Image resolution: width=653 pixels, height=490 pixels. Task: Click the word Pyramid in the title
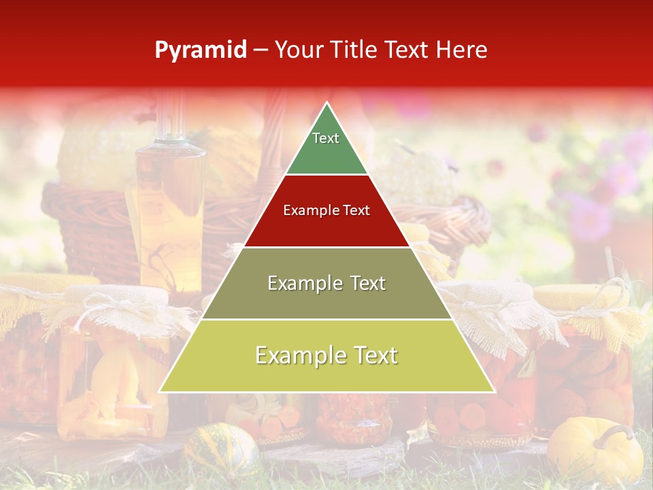(200, 50)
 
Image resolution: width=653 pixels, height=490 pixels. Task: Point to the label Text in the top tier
(326, 138)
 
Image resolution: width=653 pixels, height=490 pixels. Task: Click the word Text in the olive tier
(368, 283)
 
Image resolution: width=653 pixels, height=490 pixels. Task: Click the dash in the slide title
(261, 50)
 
